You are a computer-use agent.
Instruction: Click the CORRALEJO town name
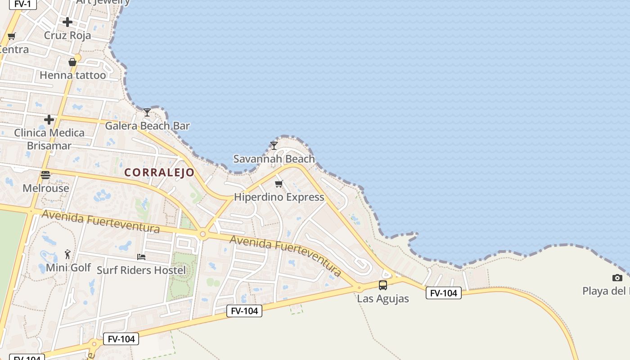tap(159, 172)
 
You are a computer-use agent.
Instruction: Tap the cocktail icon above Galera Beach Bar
tap(147, 112)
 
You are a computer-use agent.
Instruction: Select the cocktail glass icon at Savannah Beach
tap(274, 145)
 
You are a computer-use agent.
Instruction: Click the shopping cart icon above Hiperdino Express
tap(279, 184)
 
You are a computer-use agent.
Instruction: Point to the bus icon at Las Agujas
tap(383, 285)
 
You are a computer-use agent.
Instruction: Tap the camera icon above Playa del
tap(617, 278)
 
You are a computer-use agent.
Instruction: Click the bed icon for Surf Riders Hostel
tap(141, 257)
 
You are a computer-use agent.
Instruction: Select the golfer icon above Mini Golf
tap(67, 254)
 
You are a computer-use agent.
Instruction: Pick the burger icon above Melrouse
tap(45, 175)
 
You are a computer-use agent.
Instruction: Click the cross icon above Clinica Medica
tap(49, 119)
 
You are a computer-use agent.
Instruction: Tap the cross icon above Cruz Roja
tap(67, 22)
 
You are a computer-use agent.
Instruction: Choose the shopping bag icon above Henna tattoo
tap(72, 62)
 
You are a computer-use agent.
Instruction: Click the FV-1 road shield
tap(22, 4)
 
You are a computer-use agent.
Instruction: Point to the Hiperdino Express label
tap(279, 197)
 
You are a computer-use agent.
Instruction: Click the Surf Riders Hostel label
tap(141, 270)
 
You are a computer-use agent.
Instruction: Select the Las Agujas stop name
tap(383, 298)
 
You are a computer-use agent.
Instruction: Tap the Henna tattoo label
tap(73, 75)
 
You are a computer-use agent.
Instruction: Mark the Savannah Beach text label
tap(274, 159)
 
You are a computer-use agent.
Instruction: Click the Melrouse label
tap(46, 188)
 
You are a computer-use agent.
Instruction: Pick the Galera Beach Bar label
tap(147, 126)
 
